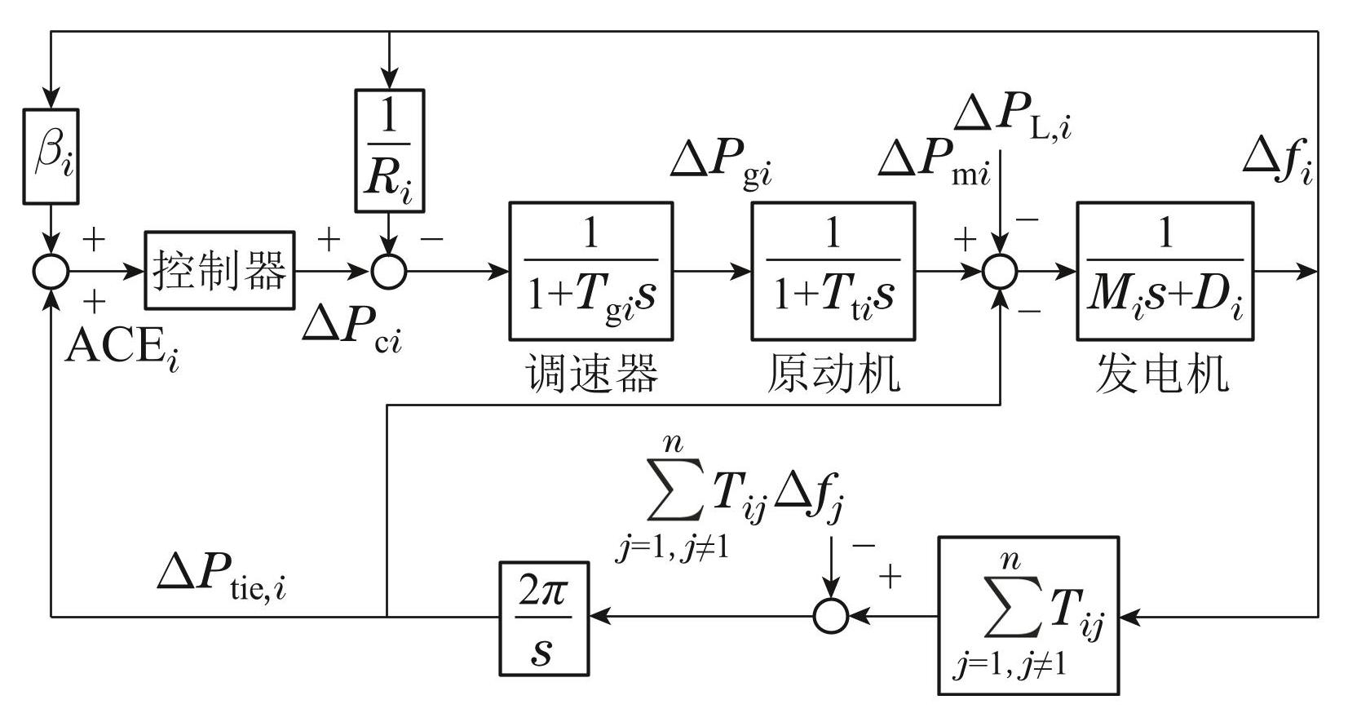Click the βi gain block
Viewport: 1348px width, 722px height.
coord(51,156)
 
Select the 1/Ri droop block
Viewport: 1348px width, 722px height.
coord(390,151)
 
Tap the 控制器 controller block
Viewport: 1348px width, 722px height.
coord(219,271)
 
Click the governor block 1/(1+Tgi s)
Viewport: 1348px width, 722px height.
coord(590,271)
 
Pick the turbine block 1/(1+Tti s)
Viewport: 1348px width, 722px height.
coord(833,271)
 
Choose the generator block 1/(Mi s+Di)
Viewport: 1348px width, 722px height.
coord(1165,271)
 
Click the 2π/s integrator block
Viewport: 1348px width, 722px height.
coord(544,618)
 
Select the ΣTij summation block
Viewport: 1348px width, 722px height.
coord(1028,615)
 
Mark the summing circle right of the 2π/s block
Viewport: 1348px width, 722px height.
coord(831,616)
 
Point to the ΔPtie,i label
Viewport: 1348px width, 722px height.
coord(222,576)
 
